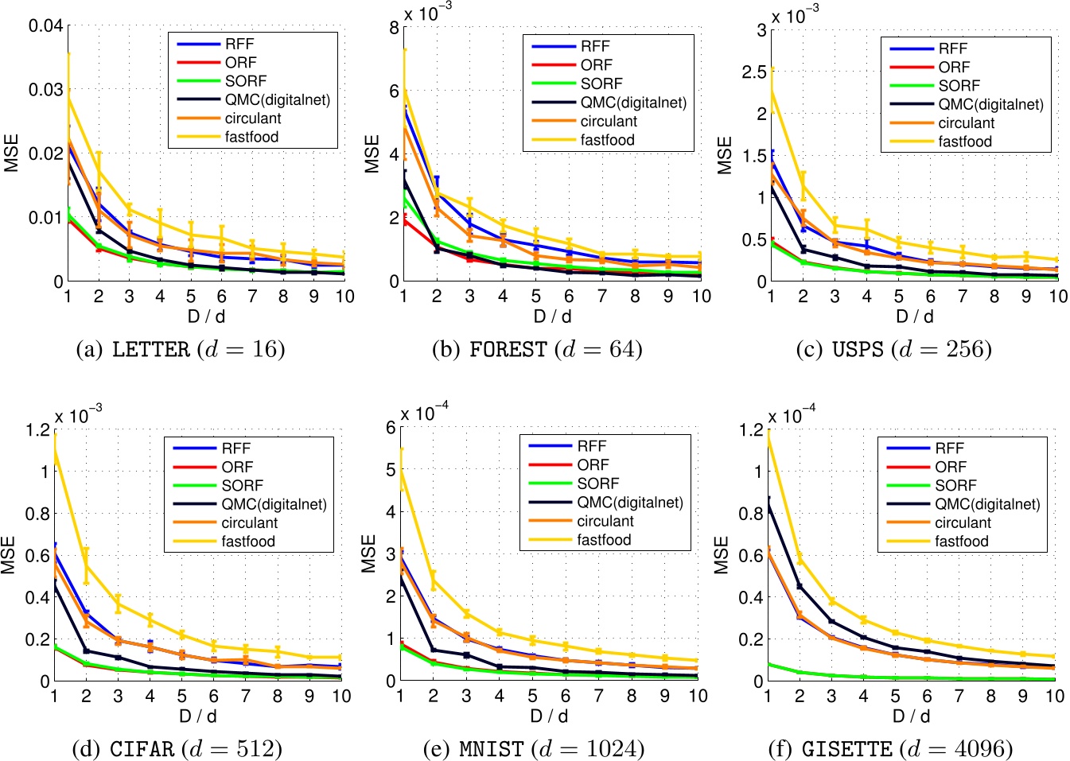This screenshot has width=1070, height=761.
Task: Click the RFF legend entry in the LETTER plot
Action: point(239,45)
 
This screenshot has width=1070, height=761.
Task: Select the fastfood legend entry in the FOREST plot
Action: point(607,140)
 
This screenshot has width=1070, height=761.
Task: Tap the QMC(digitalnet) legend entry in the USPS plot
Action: point(990,104)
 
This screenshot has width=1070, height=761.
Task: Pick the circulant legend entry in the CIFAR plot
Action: point(249,522)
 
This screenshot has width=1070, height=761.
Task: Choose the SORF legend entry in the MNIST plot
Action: point(597,483)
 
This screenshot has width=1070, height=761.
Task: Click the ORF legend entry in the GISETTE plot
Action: point(950,467)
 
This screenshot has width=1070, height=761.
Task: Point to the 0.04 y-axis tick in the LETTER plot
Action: point(45,26)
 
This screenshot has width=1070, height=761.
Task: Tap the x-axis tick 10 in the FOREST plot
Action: point(701,297)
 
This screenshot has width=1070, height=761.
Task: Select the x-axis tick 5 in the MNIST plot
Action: point(532,696)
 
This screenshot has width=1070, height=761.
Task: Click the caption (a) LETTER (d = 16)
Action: point(179,349)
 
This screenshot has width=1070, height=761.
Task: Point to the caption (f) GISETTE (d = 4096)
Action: point(890,748)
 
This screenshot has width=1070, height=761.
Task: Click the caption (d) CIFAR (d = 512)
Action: point(177,748)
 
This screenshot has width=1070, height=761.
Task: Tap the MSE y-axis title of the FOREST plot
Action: point(372,154)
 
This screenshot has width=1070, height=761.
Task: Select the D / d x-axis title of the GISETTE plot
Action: point(911,716)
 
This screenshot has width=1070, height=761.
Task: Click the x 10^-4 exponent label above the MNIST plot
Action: point(424,413)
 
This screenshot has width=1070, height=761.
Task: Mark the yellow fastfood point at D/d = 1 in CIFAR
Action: point(55,449)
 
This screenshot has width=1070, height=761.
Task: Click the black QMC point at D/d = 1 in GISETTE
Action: point(768,503)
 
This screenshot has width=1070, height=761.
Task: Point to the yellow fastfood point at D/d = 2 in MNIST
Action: point(434,580)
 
